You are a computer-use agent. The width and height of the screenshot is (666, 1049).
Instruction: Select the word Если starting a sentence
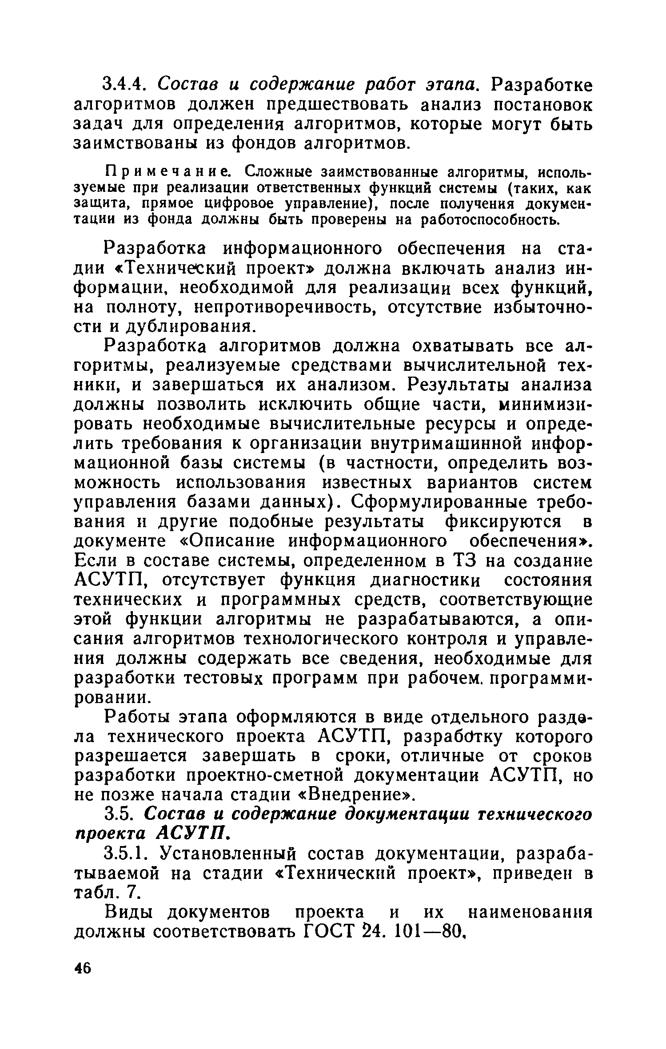click(x=95, y=561)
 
